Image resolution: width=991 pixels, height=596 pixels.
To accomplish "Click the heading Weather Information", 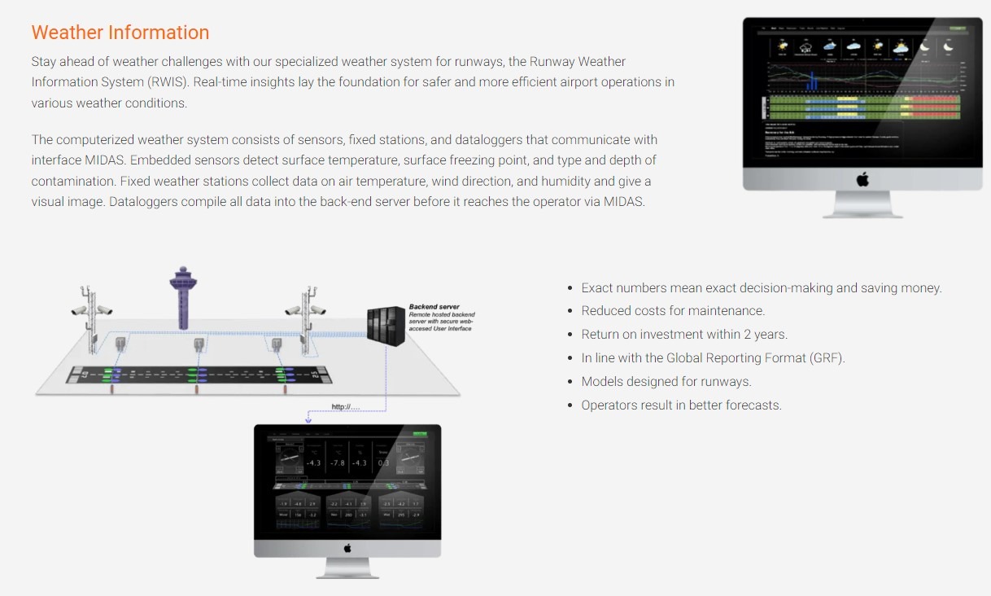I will pos(120,33).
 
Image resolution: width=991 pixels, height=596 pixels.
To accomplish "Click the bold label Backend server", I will pos(434,307).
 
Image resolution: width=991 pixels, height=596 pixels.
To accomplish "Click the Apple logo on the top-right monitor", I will pos(862,179).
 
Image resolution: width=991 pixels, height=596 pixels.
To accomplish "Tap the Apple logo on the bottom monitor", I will pos(347,548).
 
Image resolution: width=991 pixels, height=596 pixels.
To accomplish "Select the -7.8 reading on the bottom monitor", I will pos(337,462).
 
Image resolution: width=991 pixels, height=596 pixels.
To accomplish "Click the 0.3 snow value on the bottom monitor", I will pos(383,462).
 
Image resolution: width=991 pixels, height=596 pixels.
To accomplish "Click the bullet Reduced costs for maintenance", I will pos(673,311).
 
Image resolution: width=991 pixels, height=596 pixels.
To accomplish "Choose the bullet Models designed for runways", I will pos(666,382).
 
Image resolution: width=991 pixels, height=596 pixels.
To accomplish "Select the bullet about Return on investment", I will pos(684,335).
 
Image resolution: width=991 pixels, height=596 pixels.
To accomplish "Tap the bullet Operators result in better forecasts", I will pos(681,405).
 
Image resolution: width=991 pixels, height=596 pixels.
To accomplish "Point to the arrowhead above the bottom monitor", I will pos(308,421).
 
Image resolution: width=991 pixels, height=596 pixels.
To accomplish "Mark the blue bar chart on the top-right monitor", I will pos(810,81).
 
